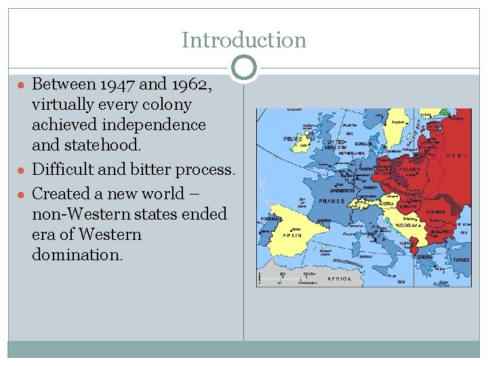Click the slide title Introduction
[243, 40]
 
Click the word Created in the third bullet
[63, 194]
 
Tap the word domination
[77, 255]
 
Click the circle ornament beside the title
[243, 67]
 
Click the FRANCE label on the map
[331, 201]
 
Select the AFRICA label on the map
[340, 279]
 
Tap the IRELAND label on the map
[292, 138]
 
